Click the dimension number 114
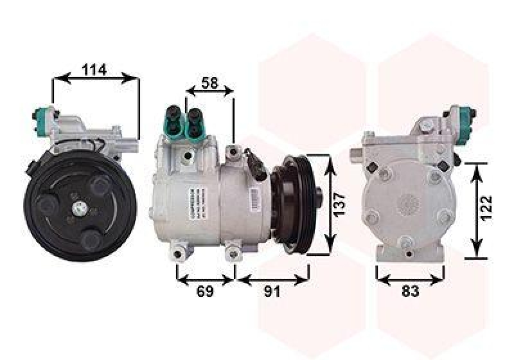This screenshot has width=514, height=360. [94, 70]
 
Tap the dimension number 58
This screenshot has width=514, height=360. [210, 84]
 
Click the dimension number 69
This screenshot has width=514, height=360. [204, 292]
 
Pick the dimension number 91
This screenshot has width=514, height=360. [272, 292]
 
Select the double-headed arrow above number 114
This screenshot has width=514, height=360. [95, 78]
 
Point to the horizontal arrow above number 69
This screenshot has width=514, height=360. [206, 280]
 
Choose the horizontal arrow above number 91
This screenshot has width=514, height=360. [273, 280]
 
